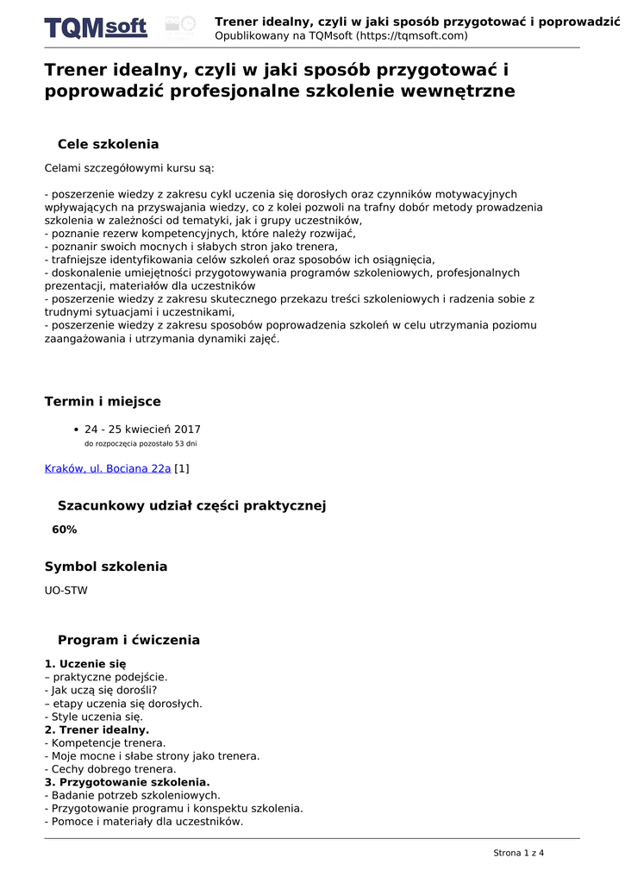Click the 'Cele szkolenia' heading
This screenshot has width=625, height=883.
point(108,144)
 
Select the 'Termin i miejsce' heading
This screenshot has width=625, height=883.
point(103,401)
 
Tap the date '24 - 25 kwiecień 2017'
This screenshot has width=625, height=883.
point(142,429)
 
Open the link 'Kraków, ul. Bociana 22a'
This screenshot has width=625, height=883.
point(108,468)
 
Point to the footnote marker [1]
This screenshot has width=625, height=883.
point(182,468)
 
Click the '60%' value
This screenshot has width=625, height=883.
point(65,529)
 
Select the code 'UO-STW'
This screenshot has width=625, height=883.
point(66,591)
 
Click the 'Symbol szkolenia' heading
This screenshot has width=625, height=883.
point(106,567)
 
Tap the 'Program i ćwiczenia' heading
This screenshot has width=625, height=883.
point(128,640)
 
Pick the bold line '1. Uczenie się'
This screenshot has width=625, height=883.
point(85,664)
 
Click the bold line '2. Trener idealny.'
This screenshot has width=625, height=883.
point(97,730)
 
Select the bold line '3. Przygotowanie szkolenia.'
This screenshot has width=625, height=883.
point(128,782)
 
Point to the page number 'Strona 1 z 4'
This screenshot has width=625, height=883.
point(519,853)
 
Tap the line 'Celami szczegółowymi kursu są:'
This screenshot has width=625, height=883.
point(130,168)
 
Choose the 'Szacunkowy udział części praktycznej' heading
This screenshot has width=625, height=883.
point(191,505)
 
